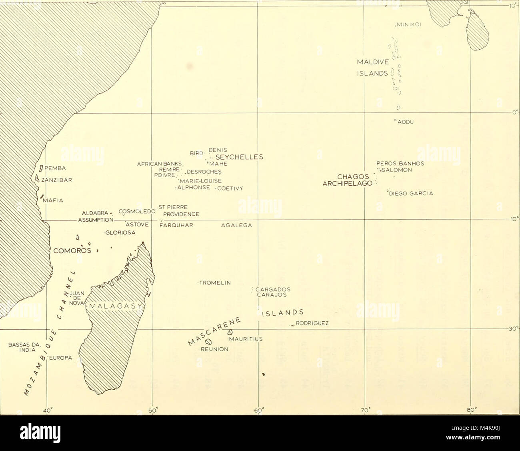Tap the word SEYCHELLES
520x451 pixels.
click(x=239, y=157)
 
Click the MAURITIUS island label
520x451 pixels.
click(x=246, y=339)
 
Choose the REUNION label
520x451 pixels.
click(x=214, y=349)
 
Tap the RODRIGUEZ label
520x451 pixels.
click(x=312, y=324)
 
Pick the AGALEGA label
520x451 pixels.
click(x=236, y=225)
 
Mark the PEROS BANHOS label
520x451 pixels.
click(x=400, y=163)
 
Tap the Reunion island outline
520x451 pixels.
click(x=208, y=342)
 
